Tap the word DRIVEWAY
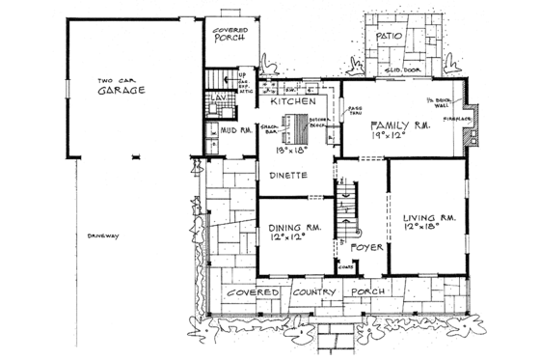[100, 235]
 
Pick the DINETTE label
[288, 175]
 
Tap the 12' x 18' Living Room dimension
[422, 232]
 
